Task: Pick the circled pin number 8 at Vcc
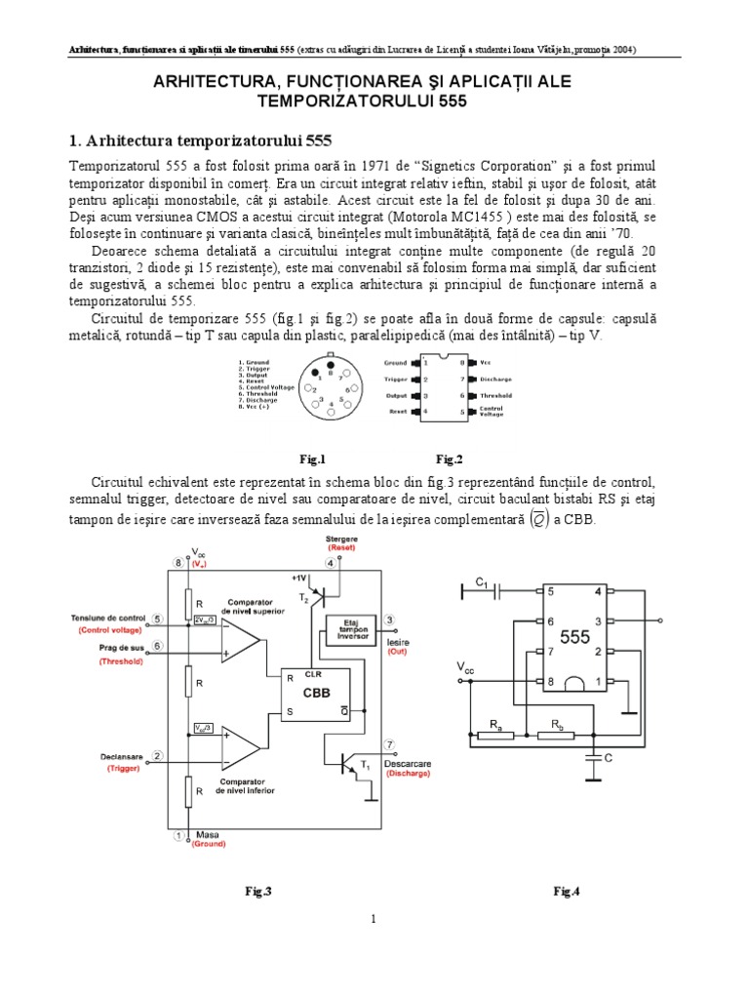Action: click(178, 563)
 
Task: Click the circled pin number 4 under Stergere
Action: click(334, 563)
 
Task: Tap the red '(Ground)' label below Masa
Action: click(209, 845)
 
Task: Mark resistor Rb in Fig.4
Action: click(557, 733)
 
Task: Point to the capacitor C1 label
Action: click(481, 582)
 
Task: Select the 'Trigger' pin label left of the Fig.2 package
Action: click(395, 379)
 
